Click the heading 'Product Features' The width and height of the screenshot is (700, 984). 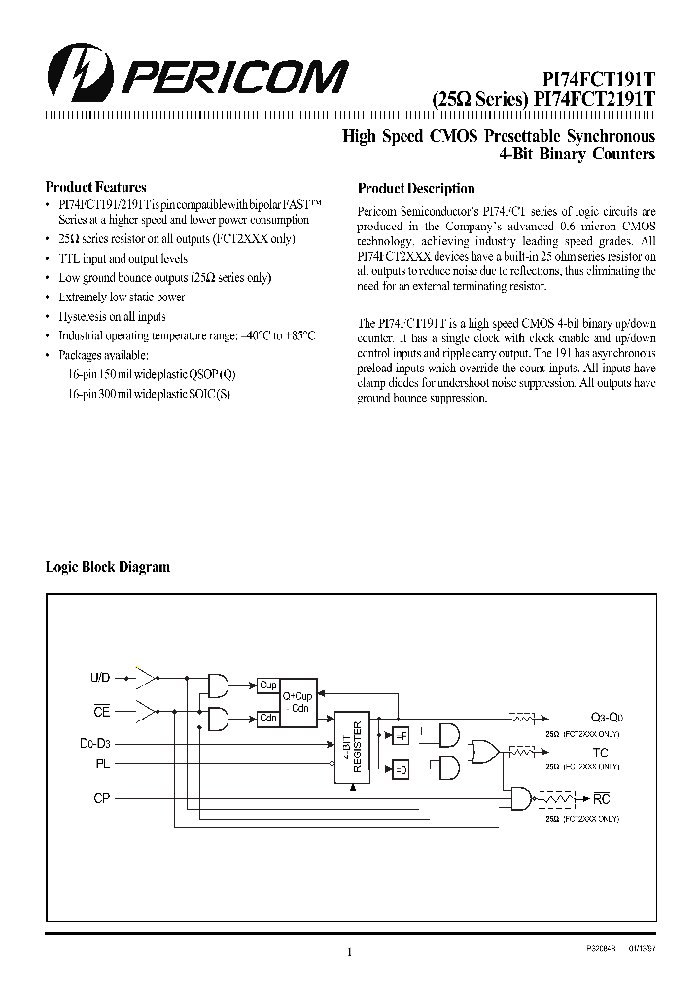point(96,187)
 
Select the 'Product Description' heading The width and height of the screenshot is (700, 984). point(416,189)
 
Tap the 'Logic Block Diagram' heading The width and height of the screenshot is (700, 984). point(108,567)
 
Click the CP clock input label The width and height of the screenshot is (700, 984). point(102,798)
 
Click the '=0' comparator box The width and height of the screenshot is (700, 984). point(400,770)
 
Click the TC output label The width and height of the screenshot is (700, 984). point(600,753)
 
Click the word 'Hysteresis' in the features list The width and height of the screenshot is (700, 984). point(84,316)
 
